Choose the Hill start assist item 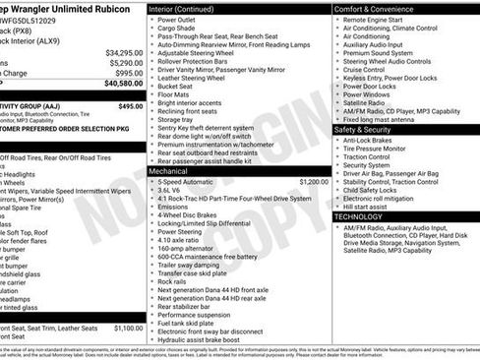[x=366, y=207]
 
